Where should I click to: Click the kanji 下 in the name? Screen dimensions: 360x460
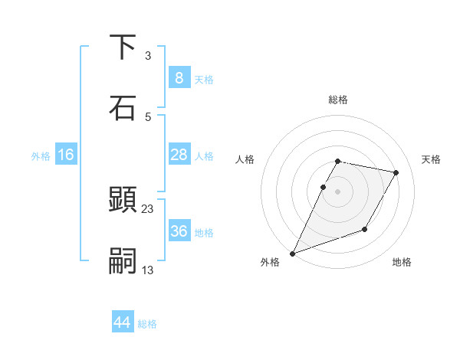[x=123, y=47]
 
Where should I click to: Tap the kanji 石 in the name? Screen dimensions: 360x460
[x=123, y=107]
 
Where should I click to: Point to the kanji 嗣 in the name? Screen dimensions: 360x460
[x=123, y=261]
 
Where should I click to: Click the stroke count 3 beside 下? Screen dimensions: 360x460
[x=148, y=55]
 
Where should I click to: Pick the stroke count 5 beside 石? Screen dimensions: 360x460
[x=148, y=116]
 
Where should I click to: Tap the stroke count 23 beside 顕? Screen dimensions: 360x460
[x=148, y=208]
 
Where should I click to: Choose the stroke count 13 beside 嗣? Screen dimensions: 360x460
[x=148, y=270]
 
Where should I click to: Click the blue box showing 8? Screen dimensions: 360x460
[x=179, y=77]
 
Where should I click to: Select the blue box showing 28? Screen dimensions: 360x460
[x=179, y=155]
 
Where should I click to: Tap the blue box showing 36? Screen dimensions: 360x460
[x=179, y=231]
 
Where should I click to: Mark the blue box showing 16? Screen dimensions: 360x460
[x=65, y=155]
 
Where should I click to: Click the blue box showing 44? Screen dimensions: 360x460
[x=122, y=322]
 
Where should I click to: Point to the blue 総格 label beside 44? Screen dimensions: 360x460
[x=147, y=324]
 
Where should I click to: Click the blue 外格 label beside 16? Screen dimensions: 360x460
[x=41, y=156]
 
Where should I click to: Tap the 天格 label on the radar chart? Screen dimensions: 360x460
[x=431, y=159]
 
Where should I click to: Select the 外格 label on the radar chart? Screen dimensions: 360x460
[x=270, y=262]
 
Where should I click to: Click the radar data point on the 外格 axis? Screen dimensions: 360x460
[x=292, y=253]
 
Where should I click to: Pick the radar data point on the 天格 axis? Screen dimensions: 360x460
[x=396, y=172]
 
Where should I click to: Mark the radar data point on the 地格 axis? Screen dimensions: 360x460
[x=365, y=229]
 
